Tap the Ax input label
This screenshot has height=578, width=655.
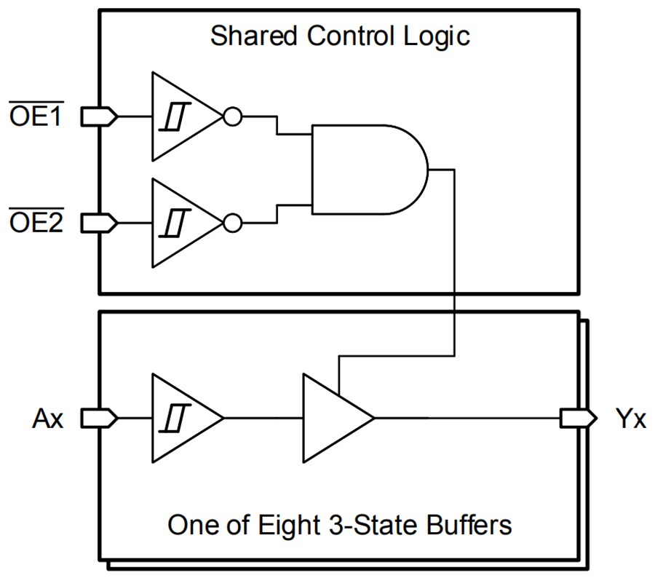48,419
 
